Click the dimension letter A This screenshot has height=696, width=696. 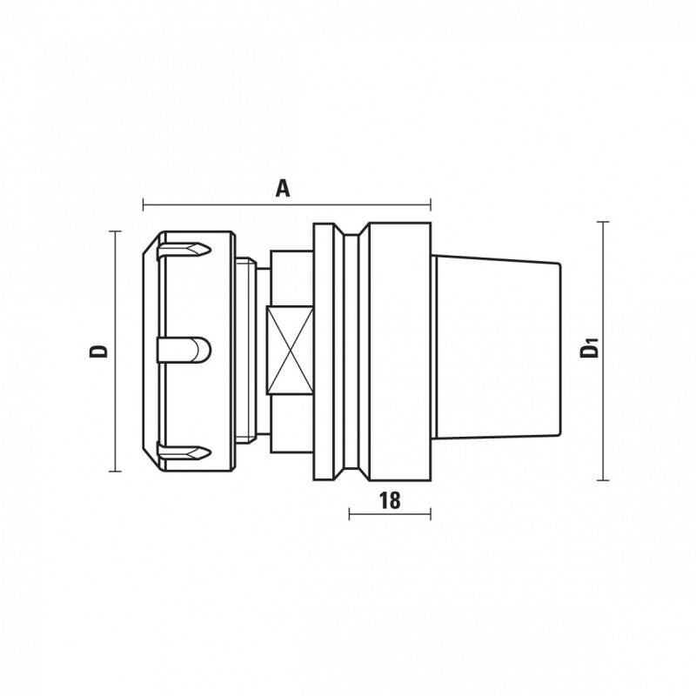(x=283, y=188)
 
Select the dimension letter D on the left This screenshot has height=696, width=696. (x=98, y=351)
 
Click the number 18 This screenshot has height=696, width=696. (x=390, y=500)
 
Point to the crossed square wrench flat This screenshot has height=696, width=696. (x=290, y=351)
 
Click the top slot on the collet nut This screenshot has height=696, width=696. (x=184, y=250)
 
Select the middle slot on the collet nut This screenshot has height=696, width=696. (x=184, y=351)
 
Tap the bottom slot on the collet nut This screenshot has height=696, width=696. (x=184, y=452)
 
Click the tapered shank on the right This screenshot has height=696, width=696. (x=496, y=346)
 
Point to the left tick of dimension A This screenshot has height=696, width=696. (x=144, y=204)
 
